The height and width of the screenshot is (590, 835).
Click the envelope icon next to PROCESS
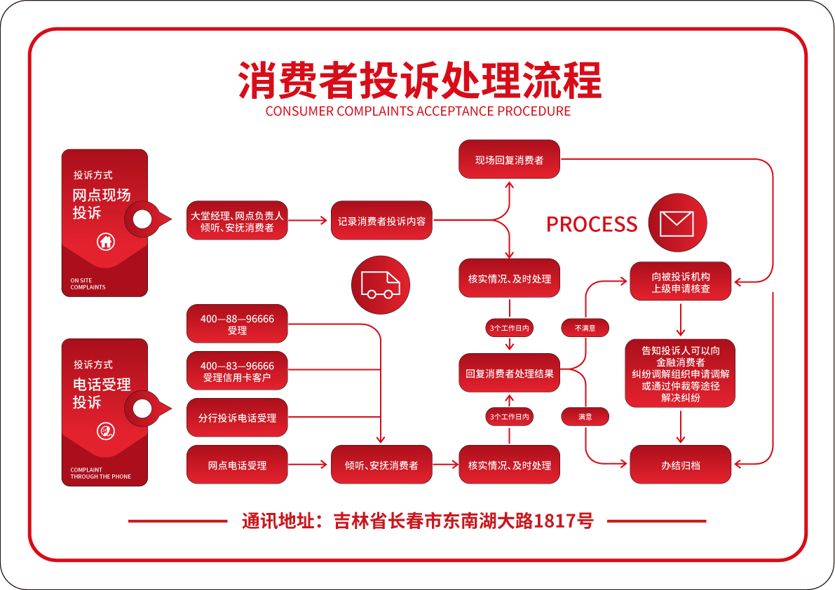pos(677,223)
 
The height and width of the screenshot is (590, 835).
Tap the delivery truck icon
pos(380,285)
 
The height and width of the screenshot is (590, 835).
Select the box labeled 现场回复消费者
pos(509,160)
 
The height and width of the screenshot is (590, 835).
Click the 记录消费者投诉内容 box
pos(381,220)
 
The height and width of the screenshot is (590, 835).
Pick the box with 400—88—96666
pos(237,324)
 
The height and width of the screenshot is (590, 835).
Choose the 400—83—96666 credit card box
pos(237,371)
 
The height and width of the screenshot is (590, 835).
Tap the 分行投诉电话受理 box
pos(237,418)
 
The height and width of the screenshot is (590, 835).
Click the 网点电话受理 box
pos(237,465)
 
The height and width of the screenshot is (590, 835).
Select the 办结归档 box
pos(681,465)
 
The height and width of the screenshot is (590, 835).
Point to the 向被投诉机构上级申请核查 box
pos(681,282)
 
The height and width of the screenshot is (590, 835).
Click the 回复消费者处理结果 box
pos(509,373)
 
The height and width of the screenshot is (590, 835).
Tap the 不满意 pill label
pos(585,328)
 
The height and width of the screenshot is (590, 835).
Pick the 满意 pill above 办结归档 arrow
pos(585,417)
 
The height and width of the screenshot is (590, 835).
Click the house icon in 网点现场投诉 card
pos(106,242)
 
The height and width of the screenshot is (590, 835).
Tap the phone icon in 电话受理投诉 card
pos(106,432)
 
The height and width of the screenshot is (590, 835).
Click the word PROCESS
pos(592,224)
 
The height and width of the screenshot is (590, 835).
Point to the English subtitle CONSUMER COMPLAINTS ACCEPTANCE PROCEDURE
pos(418,111)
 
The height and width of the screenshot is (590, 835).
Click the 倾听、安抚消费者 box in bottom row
pos(381,465)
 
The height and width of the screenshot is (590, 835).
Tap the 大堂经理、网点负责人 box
pos(237,220)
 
